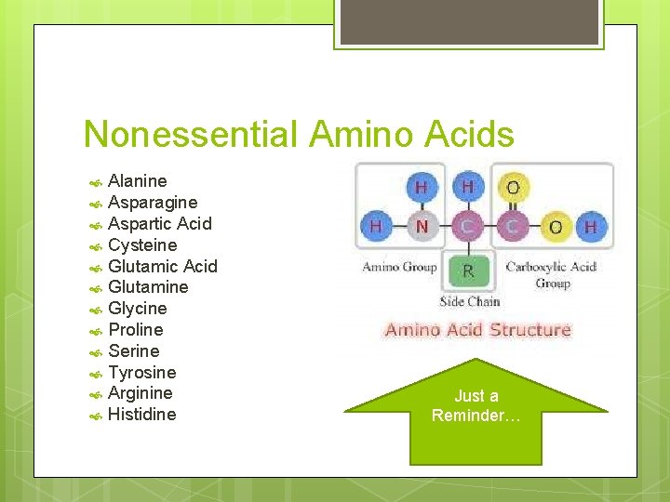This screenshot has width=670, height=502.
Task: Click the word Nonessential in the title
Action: [x=191, y=135]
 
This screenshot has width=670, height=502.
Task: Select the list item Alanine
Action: [x=138, y=181]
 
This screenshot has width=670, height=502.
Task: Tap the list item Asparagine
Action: [x=153, y=203]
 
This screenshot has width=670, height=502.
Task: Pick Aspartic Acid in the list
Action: [x=160, y=224]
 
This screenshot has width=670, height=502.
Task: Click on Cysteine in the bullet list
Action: [x=142, y=245]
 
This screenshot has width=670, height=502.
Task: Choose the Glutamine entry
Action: [x=148, y=287]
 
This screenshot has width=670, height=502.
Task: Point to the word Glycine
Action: [x=138, y=309]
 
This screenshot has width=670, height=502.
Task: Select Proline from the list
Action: [x=136, y=330]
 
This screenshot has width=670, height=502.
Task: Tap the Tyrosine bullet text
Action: [x=141, y=373]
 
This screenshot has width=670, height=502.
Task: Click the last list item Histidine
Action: [x=141, y=415]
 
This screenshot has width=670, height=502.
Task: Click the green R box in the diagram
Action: [x=467, y=271]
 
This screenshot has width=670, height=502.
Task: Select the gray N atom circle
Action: [x=422, y=226]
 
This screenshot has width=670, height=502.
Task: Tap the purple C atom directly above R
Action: [x=467, y=226]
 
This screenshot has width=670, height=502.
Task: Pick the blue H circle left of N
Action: [x=376, y=226]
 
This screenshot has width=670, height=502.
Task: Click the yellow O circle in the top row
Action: [x=512, y=188]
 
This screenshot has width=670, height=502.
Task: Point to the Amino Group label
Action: [x=399, y=268]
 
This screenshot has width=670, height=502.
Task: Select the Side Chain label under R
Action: [x=469, y=301]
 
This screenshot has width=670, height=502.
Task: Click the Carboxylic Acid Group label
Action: [x=552, y=274]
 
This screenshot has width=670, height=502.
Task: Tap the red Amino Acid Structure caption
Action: [x=477, y=330]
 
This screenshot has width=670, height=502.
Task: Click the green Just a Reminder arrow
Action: [x=476, y=409]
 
